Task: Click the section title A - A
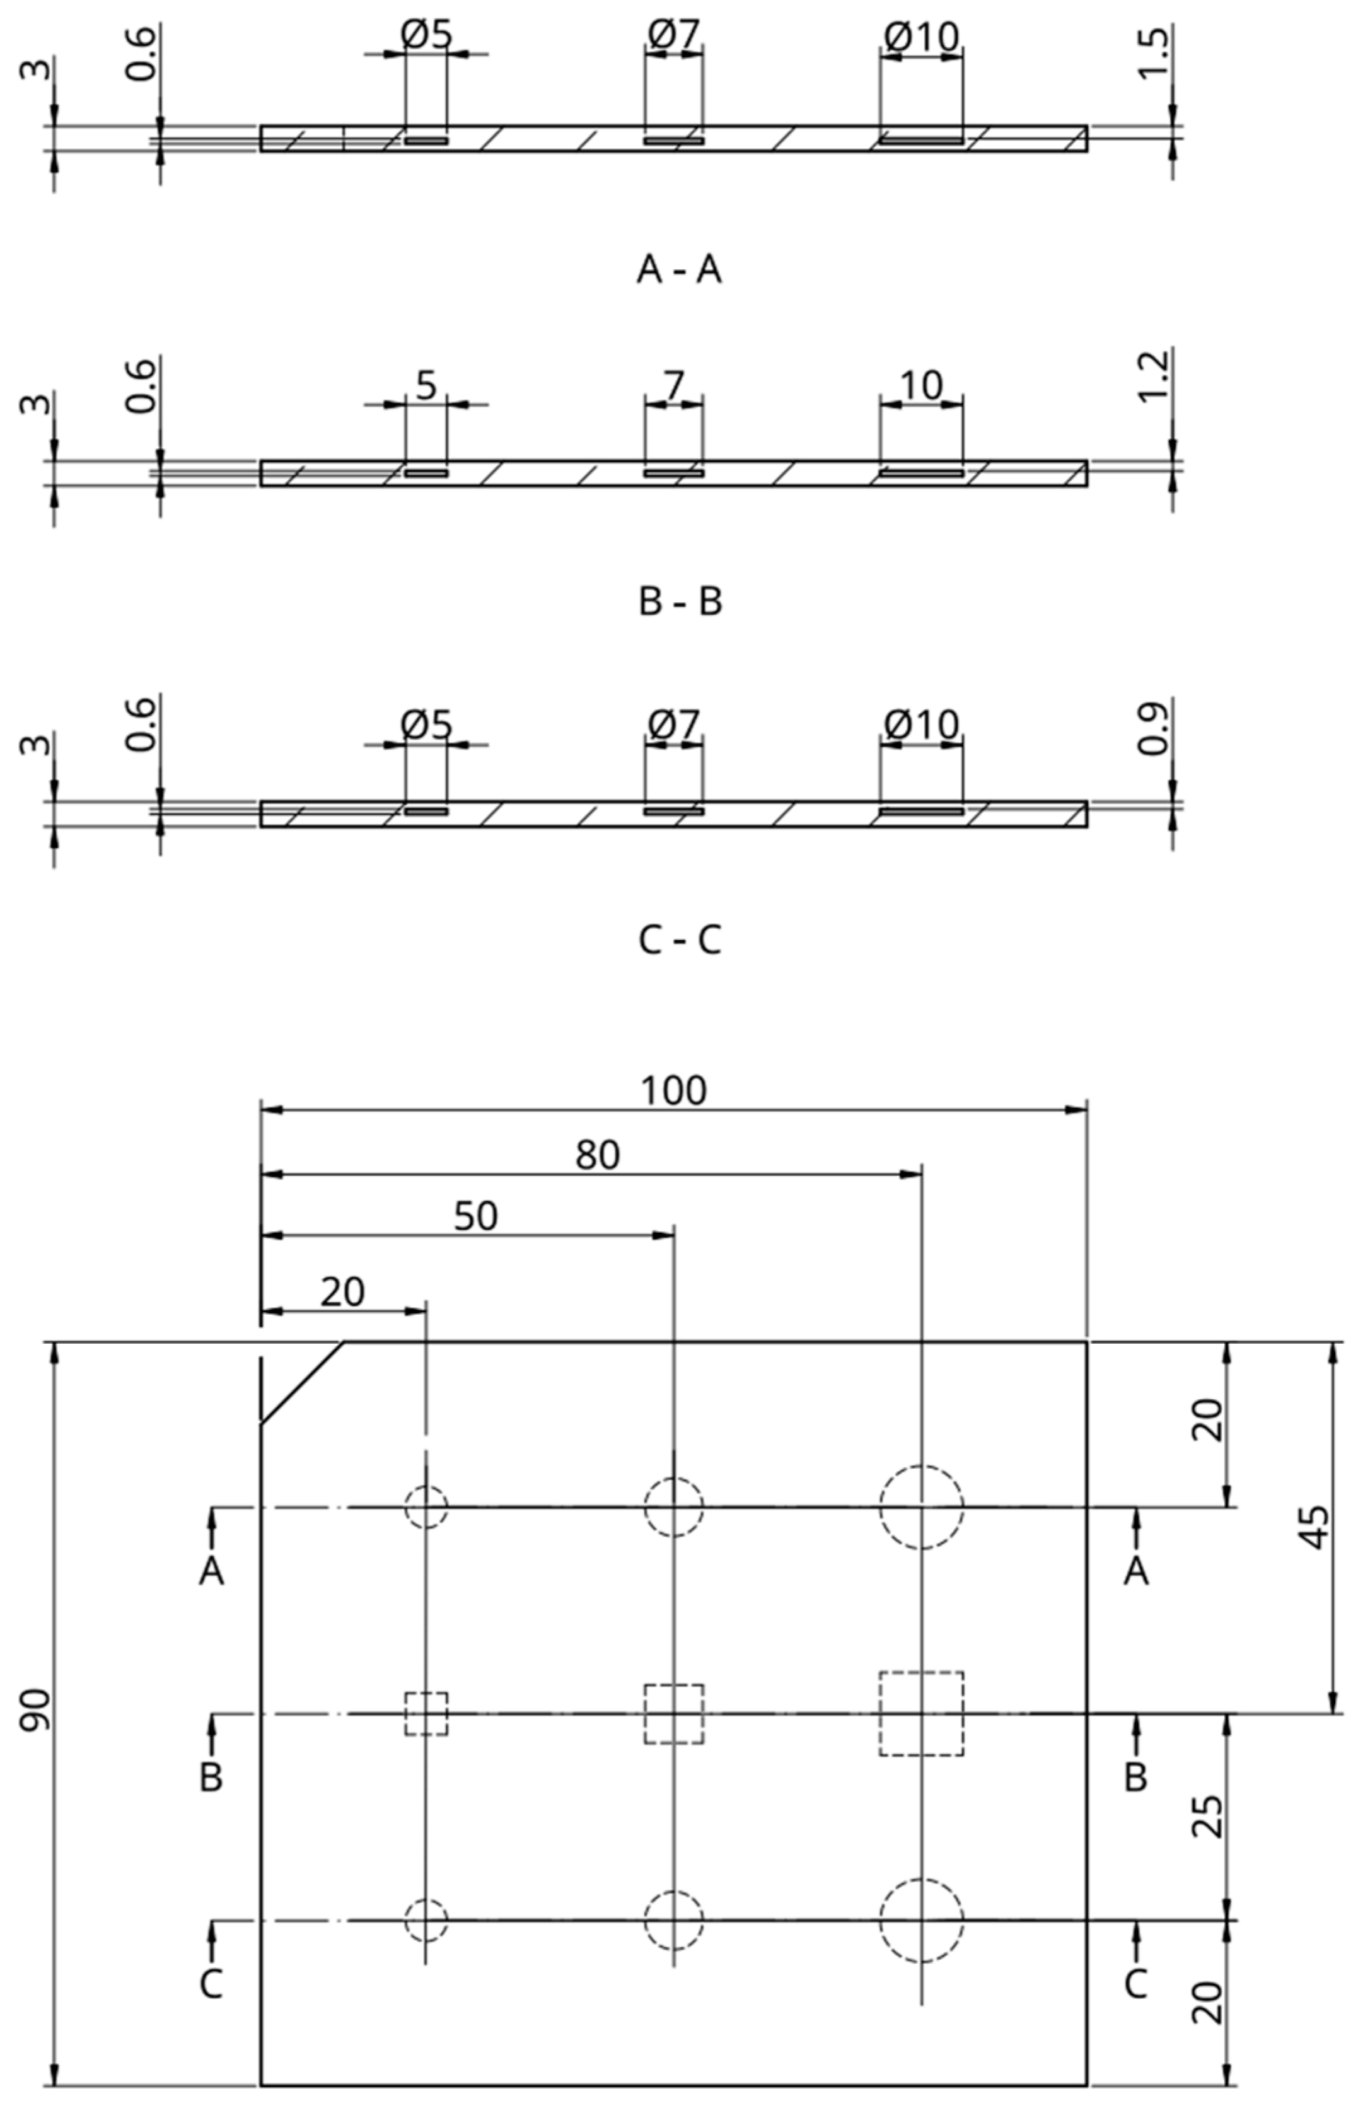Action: (679, 270)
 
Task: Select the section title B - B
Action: (680, 602)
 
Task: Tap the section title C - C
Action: (679, 940)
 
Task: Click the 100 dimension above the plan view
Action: (673, 1091)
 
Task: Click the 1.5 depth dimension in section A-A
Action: (1154, 53)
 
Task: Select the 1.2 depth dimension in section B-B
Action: (1154, 376)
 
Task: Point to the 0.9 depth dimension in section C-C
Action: (1154, 728)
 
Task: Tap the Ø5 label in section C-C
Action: (426, 725)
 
